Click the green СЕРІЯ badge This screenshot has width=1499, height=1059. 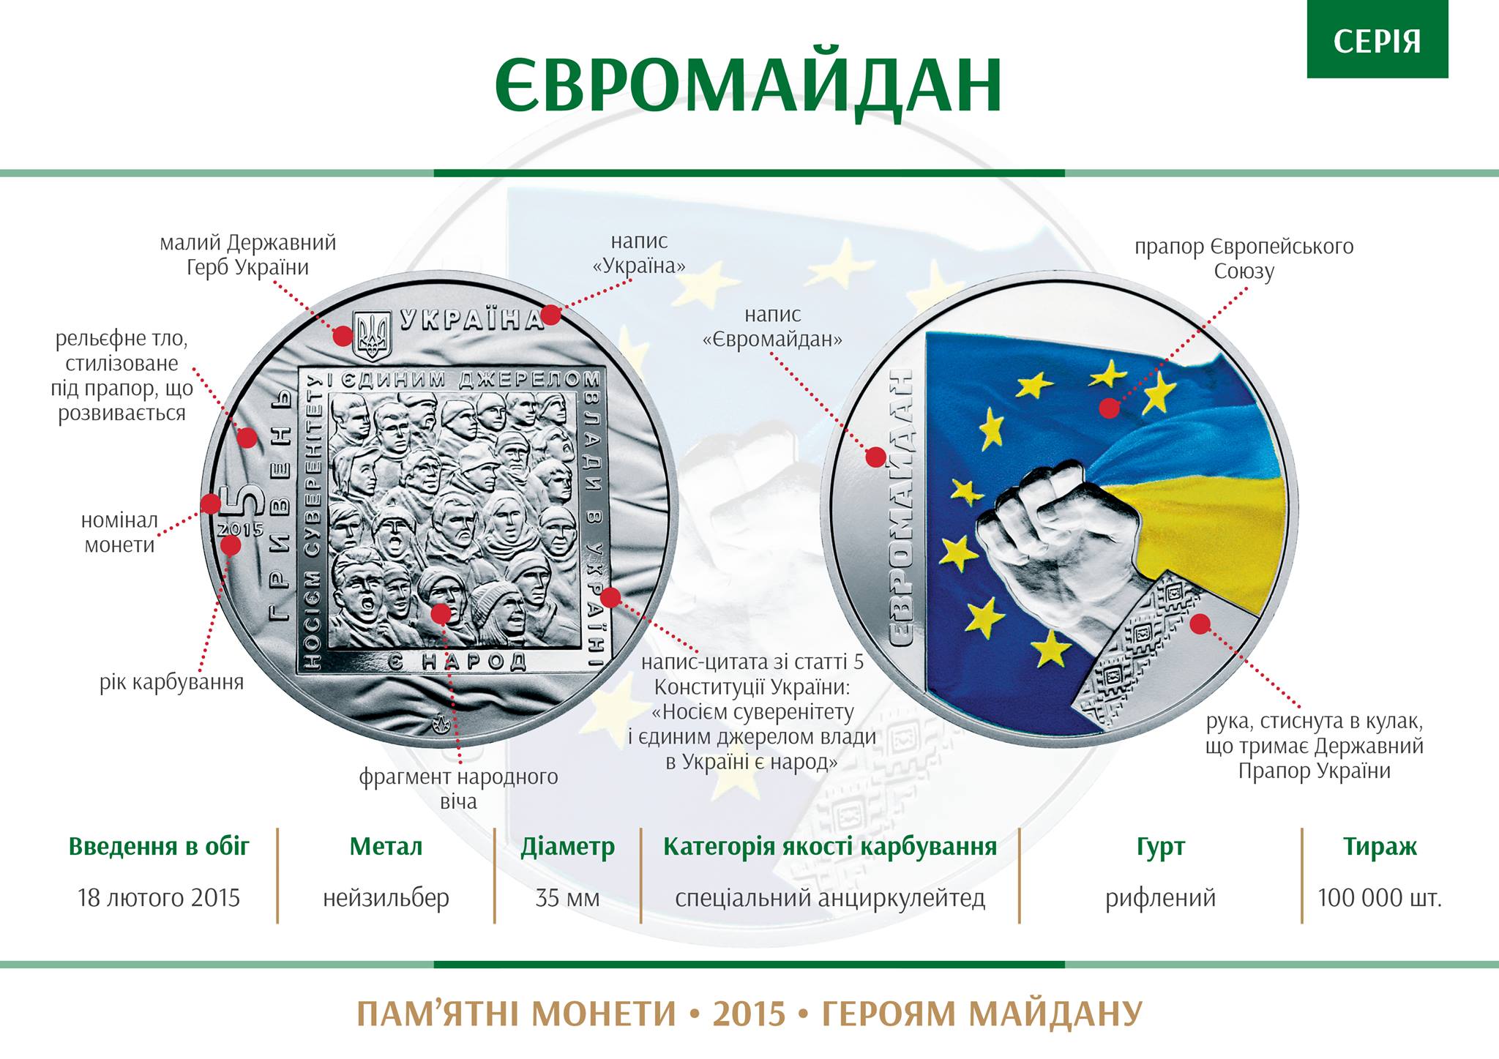[x=1377, y=40]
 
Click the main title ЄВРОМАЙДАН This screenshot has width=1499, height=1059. [x=749, y=84]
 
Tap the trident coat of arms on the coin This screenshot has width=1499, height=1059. [x=372, y=334]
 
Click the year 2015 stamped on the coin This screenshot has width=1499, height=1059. [x=242, y=529]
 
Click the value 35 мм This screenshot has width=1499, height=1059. [x=567, y=897]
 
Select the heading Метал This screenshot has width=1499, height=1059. [x=386, y=847]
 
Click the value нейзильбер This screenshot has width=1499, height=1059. [x=386, y=898]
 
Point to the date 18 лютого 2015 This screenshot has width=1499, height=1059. [x=159, y=897]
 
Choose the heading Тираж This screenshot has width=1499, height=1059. [x=1380, y=847]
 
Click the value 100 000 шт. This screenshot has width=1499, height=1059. [x=1380, y=897]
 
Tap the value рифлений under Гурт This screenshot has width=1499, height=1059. [x=1160, y=898]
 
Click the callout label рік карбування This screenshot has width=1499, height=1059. [x=171, y=683]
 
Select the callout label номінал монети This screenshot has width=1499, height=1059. [x=119, y=532]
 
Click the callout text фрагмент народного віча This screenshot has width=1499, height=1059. [x=458, y=789]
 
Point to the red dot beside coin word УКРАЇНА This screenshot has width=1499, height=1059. [x=551, y=315]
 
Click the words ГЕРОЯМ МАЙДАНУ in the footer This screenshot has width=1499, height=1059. [x=982, y=1014]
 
